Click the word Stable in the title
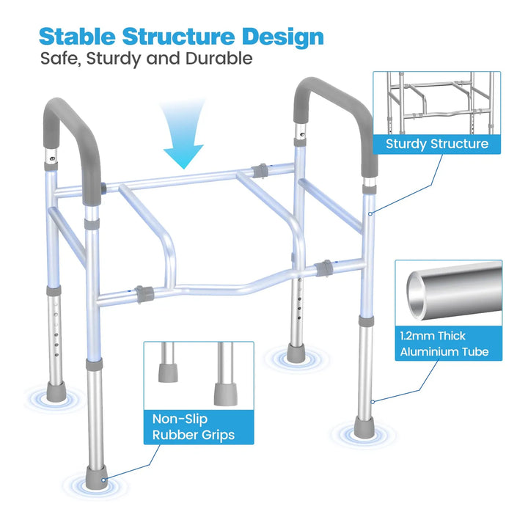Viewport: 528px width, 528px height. (77, 36)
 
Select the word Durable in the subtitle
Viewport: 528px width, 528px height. (219, 58)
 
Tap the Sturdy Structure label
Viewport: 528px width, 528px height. (437, 144)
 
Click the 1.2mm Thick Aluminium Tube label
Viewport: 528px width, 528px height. (449, 343)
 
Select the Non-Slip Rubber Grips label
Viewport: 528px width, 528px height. (199, 427)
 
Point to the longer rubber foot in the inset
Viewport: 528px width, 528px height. (226, 395)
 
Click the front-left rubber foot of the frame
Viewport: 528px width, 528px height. (96, 477)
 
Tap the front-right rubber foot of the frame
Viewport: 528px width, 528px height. (364, 427)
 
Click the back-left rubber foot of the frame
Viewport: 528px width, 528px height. (56, 392)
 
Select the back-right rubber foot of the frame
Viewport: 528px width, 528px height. (296, 353)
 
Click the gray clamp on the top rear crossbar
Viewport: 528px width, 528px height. (260, 171)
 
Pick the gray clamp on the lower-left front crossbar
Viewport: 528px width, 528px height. (144, 294)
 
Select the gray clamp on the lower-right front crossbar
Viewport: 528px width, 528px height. (324, 268)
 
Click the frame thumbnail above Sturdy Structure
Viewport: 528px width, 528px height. (437, 103)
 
